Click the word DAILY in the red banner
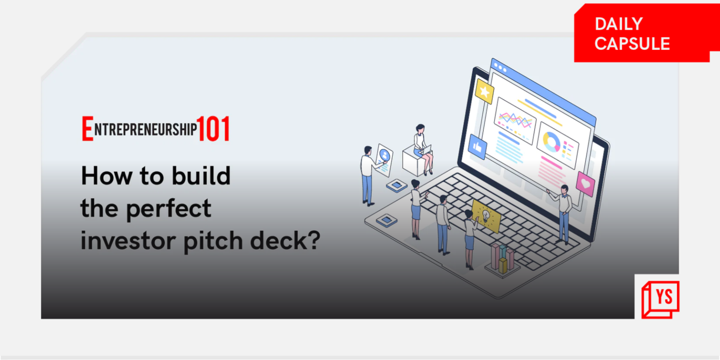pos(618,24)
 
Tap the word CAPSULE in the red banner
pos(632,44)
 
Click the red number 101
pos(213,129)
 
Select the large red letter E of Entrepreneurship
pos(87,129)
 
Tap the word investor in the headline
pos(128,241)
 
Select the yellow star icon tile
pos(484,91)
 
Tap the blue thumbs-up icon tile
pos(477,147)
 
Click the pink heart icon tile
pos(585,184)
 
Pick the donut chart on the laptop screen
pos(551,142)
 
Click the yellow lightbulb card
pos(486,216)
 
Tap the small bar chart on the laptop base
pos(503,258)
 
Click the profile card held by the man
pos(384,159)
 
